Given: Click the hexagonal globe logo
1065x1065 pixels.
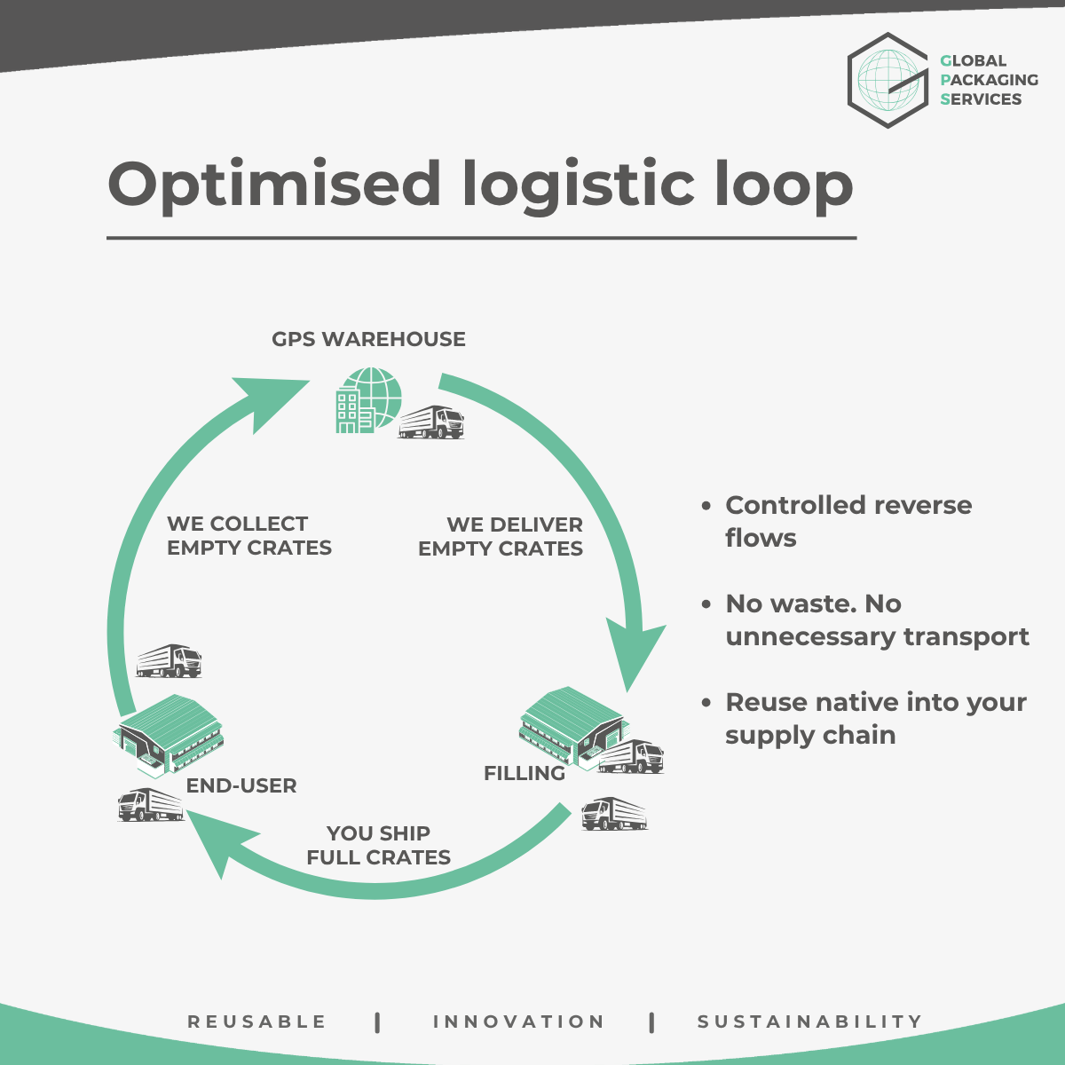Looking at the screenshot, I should click(x=887, y=80).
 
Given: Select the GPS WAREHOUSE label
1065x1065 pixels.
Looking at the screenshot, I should click(x=368, y=339).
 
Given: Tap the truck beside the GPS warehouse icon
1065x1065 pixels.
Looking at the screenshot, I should click(x=431, y=422).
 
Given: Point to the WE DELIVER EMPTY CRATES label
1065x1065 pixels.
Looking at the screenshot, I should click(x=501, y=537).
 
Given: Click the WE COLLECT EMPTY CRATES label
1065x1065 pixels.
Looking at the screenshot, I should click(x=248, y=536).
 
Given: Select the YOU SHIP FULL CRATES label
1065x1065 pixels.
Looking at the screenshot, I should click(x=379, y=845).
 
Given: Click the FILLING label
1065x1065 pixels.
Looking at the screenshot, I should click(x=524, y=773).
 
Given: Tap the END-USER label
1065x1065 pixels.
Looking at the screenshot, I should click(x=241, y=785).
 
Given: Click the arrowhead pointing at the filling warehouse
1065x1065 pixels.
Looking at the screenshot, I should click(x=635, y=652).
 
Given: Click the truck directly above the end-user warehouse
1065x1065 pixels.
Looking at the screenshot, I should click(x=170, y=661).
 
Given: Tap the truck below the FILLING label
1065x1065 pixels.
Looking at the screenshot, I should click(x=614, y=813).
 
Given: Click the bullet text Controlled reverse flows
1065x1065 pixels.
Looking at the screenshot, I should click(x=848, y=521).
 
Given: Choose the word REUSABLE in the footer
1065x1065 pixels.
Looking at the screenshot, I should click(x=257, y=1022).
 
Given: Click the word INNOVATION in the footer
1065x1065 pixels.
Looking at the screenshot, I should click(x=519, y=1022).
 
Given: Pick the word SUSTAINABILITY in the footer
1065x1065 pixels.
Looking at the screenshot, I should click(x=810, y=1022).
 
